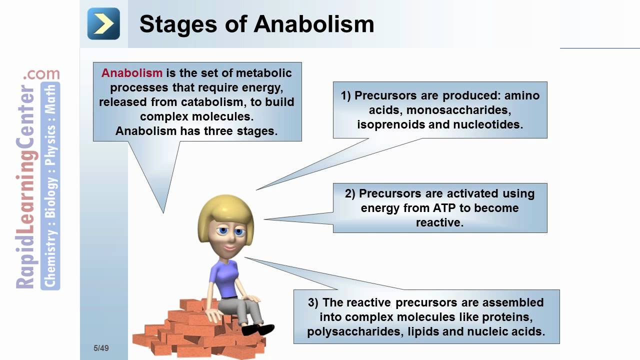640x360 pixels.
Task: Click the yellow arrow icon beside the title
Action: tap(103, 23)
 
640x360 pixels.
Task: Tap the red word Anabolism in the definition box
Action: tap(132, 73)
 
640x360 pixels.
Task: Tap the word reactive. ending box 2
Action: tap(440, 222)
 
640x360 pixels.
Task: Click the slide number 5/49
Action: tap(100, 348)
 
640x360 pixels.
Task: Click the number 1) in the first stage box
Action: tap(346, 95)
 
